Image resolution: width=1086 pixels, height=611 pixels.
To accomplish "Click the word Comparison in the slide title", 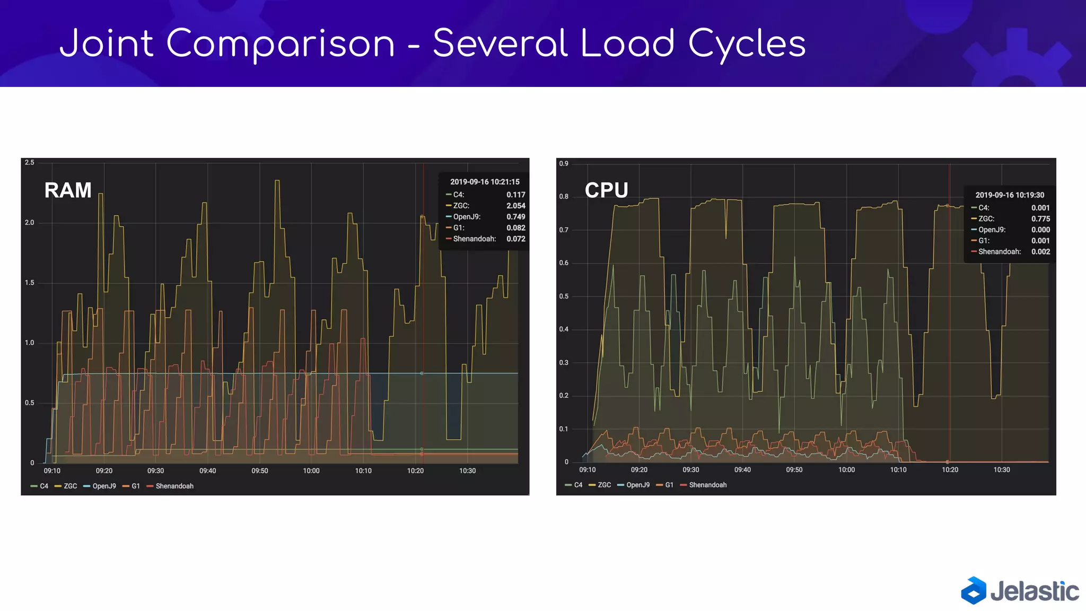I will point(281,43).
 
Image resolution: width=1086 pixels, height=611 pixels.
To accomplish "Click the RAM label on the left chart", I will point(68,190).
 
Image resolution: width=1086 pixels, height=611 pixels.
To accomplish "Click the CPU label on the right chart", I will point(606,190).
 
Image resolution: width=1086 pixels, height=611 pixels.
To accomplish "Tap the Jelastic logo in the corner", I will point(1019,591).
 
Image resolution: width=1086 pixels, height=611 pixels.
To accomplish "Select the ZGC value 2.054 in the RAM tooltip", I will point(515,206).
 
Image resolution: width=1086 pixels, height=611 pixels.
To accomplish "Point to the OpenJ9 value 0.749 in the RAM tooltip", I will point(515,217).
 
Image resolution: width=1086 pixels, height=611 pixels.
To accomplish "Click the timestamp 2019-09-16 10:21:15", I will point(485,182).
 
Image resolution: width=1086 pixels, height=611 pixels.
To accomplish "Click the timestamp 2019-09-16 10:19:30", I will point(1010,195).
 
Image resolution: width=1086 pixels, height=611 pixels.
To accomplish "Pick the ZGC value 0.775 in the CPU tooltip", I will point(1040,219).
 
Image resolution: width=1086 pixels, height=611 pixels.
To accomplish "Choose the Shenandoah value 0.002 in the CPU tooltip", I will point(1040,252).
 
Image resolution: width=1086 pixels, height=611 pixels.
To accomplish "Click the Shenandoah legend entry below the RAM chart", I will point(174,486).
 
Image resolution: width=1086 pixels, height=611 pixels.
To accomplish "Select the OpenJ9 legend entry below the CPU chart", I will point(637,485).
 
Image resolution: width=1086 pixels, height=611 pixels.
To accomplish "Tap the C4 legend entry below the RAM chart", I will point(43,486).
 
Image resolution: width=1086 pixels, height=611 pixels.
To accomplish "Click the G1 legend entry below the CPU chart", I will point(669,485).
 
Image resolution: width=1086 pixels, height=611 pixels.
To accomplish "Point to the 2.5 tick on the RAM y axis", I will point(29,163).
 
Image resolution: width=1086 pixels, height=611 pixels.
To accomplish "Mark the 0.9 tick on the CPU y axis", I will point(564,164).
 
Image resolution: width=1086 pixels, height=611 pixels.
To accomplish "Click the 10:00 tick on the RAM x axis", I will point(311,471).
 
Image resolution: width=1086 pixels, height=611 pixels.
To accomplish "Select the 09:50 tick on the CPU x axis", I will point(794,470).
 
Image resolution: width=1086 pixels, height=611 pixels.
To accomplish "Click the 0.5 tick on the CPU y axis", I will point(564,296).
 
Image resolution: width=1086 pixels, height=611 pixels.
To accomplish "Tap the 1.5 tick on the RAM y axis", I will point(29,283).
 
